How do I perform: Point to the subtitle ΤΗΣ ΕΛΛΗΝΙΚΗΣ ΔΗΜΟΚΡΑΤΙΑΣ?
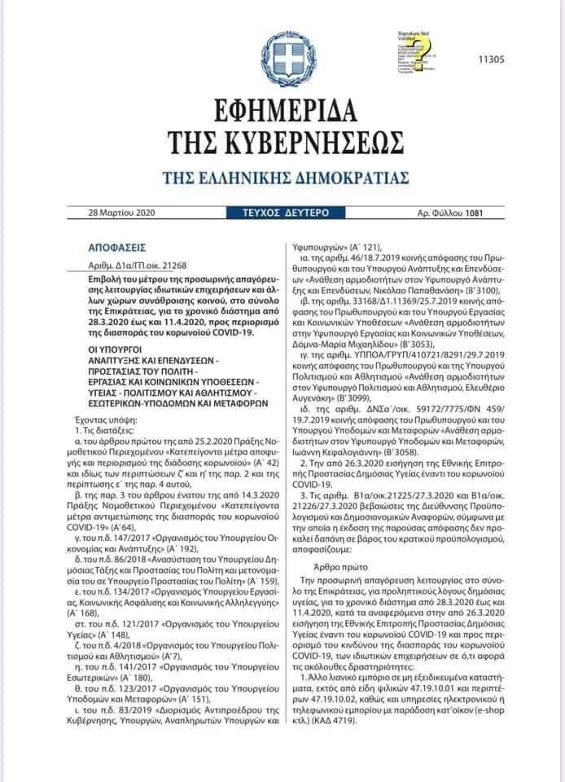285,178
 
